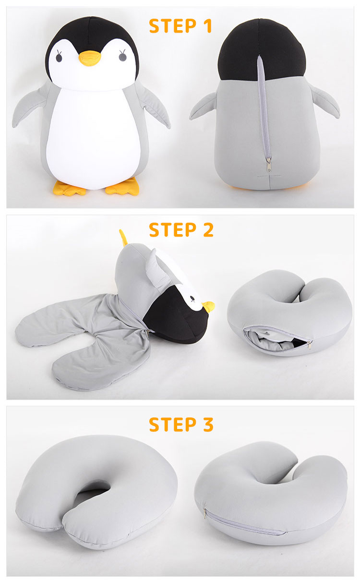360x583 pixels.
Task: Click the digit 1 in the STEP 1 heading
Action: [x=207, y=26]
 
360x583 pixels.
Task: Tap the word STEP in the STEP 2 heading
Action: [x=172, y=230]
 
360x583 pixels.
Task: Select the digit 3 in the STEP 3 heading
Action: [x=208, y=425]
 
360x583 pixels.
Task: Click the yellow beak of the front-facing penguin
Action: [x=90, y=58]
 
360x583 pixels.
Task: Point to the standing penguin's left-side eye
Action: [x=59, y=56]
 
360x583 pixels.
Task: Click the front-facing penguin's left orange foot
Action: [x=69, y=189]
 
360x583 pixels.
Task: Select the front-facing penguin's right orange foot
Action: [x=122, y=187]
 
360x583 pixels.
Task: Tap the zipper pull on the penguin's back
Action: [x=268, y=164]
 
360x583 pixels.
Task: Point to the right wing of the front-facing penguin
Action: [x=154, y=107]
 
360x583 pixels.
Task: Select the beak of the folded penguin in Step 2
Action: [x=208, y=306]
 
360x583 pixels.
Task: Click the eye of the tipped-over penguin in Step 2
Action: [x=192, y=298]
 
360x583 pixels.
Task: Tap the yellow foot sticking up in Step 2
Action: [x=123, y=237]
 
